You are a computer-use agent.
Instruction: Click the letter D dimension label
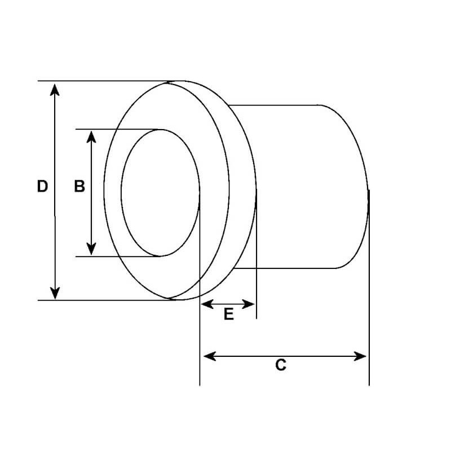tap(42, 187)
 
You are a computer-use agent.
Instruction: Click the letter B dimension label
tap(79, 187)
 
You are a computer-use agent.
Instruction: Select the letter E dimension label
tap(228, 315)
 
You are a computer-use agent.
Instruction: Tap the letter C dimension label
tap(281, 365)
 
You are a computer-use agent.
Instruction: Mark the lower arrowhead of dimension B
tap(91, 249)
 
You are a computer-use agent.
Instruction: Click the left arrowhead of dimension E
tap(207, 304)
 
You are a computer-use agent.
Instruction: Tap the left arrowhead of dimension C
tap(209, 356)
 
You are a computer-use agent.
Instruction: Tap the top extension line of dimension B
tap(118, 129)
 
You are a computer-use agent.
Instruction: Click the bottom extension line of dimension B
tap(118, 257)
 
